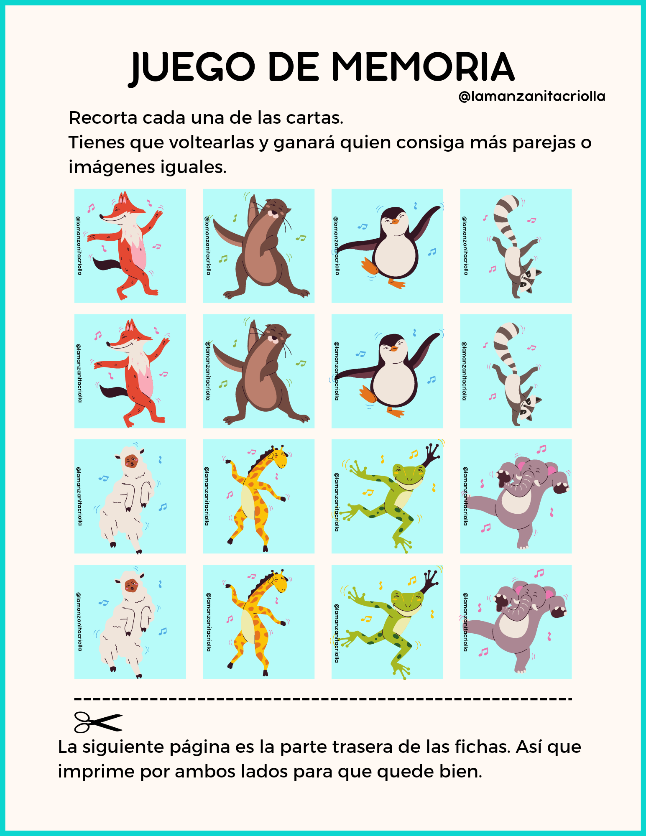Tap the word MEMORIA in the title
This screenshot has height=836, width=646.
[x=423, y=67]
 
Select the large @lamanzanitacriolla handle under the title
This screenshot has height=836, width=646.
[x=532, y=97]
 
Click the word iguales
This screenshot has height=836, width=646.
[x=194, y=168]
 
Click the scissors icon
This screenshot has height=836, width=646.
[x=98, y=722]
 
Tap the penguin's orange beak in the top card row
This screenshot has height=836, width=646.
[x=394, y=220]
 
